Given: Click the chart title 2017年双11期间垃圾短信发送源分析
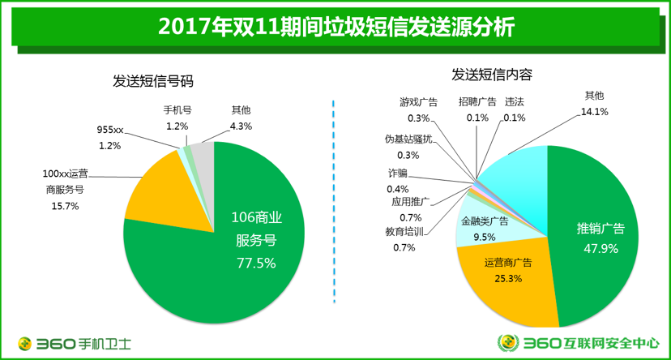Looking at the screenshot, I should [x=335, y=27].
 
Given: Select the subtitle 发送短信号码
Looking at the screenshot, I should [x=154, y=81].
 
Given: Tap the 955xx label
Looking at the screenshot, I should [x=110, y=130].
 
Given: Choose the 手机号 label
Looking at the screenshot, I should [x=177, y=110].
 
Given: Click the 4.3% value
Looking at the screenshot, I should [x=241, y=126].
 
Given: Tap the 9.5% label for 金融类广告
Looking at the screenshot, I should [x=484, y=237].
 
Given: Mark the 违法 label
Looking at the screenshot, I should [x=514, y=102].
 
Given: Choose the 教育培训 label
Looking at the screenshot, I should [x=404, y=232].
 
